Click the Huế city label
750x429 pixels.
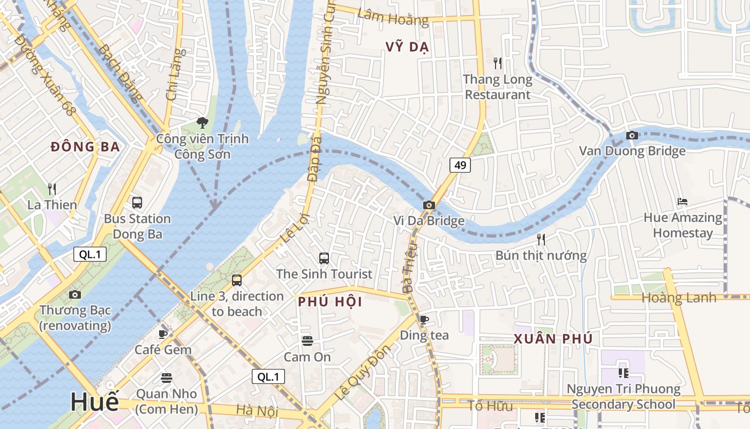tap(94, 402)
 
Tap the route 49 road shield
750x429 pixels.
tap(460, 165)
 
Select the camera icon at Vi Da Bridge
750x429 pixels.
tap(429, 205)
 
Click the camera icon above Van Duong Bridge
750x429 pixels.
tap(632, 135)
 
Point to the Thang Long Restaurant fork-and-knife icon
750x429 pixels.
tap(498, 63)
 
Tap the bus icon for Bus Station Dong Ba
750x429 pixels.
tap(137, 203)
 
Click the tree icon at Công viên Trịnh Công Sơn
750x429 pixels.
tap(202, 123)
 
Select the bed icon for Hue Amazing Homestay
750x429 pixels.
tap(682, 202)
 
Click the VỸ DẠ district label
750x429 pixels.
tap(407, 47)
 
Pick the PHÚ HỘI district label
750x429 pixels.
tap(331, 301)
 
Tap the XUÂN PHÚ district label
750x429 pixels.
tap(553, 339)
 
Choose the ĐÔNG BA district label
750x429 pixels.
tap(85, 147)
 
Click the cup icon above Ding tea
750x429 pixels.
tap(424, 320)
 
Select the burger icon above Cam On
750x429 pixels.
tap(307, 341)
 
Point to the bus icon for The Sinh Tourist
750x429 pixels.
tap(324, 258)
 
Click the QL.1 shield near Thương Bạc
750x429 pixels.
tap(90, 255)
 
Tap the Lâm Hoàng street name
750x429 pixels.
tap(393, 18)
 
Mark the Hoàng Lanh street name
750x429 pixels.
tap(679, 298)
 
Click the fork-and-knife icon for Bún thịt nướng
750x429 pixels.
tap(541, 239)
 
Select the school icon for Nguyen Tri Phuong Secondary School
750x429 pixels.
tap(623, 373)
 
